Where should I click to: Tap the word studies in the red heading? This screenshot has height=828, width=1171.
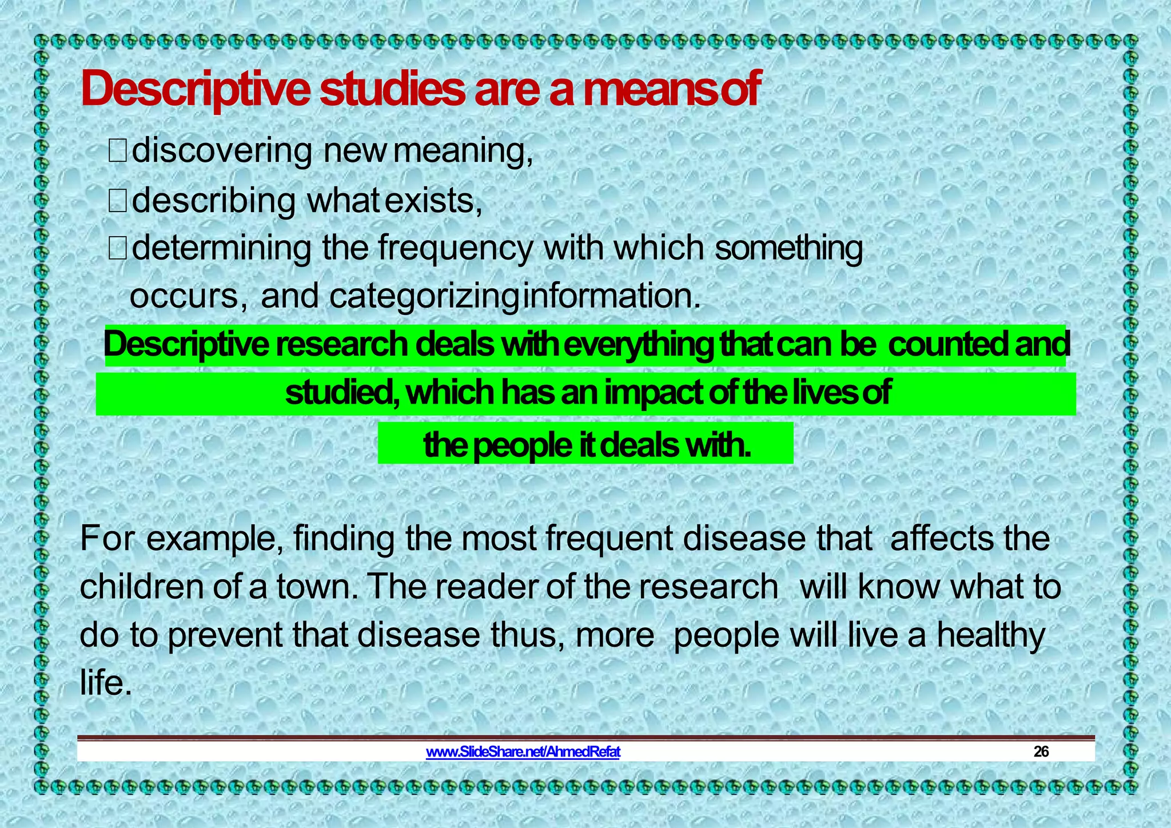click(x=392, y=90)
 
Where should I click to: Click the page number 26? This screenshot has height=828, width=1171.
click(x=1041, y=751)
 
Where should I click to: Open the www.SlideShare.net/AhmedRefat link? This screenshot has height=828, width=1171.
click(x=523, y=751)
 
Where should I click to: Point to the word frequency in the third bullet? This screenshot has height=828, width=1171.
click(x=455, y=248)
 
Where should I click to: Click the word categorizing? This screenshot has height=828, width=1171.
click(x=424, y=296)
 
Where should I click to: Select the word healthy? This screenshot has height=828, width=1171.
click(x=990, y=635)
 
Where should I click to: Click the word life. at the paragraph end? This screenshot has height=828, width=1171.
click(x=106, y=683)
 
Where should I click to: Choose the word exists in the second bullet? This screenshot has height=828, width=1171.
click(x=433, y=201)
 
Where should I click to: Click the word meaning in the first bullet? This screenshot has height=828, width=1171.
click(x=462, y=151)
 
